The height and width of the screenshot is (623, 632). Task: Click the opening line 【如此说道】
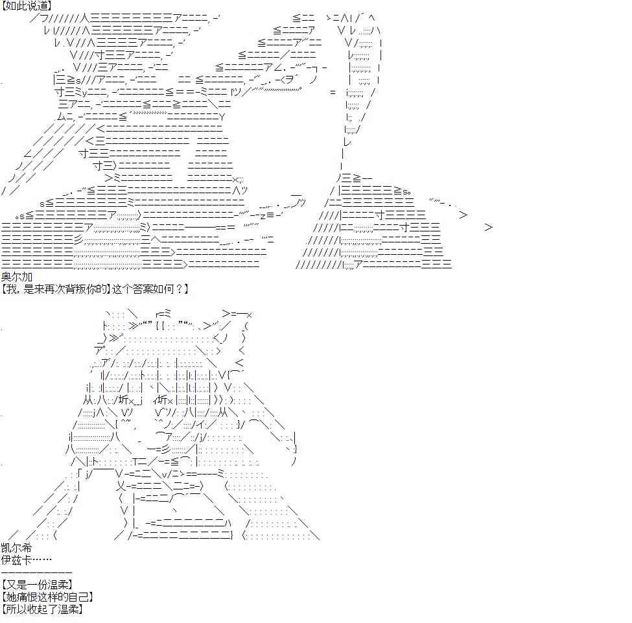pos(27,6)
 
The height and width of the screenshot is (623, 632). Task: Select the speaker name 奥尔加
pos(17,277)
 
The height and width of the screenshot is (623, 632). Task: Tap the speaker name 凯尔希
pos(16,548)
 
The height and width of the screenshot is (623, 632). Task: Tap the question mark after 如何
pos(180,288)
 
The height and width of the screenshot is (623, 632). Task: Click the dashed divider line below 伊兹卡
pos(37,572)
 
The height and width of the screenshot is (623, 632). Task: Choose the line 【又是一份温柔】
pos(38,584)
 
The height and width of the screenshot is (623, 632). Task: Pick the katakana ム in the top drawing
pos(62,117)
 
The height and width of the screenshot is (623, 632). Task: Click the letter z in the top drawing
pos(263,216)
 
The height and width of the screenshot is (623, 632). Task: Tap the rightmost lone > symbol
pos(489,228)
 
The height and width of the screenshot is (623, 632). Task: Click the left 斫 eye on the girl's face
pos(124,400)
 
